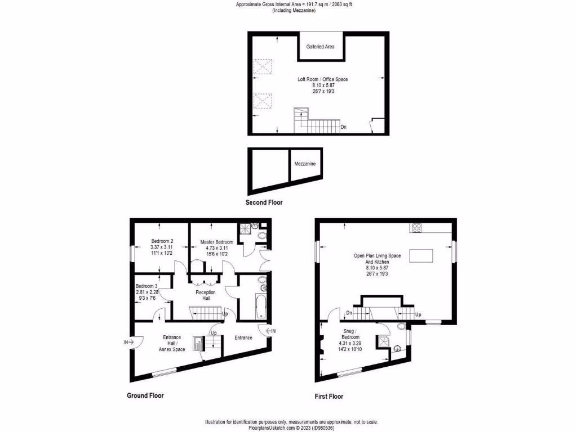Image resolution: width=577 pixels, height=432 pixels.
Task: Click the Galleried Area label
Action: coord(320,47)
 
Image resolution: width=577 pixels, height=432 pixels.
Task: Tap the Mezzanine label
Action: coord(305,164)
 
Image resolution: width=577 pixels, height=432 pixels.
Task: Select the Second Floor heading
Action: coord(264,202)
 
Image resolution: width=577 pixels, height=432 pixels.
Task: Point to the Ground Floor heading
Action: coord(145,395)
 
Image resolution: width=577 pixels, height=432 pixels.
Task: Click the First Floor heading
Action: coord(329,397)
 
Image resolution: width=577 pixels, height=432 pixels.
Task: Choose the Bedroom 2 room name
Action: coord(161,241)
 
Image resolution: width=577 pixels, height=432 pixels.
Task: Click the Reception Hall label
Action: coord(206,295)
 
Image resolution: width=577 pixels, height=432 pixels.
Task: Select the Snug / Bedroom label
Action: coord(350,334)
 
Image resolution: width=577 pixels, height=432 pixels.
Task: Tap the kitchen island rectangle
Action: coord(421,256)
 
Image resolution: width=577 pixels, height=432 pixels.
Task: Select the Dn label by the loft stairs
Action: coord(343,127)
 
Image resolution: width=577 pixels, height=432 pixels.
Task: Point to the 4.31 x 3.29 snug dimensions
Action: coord(350,343)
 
